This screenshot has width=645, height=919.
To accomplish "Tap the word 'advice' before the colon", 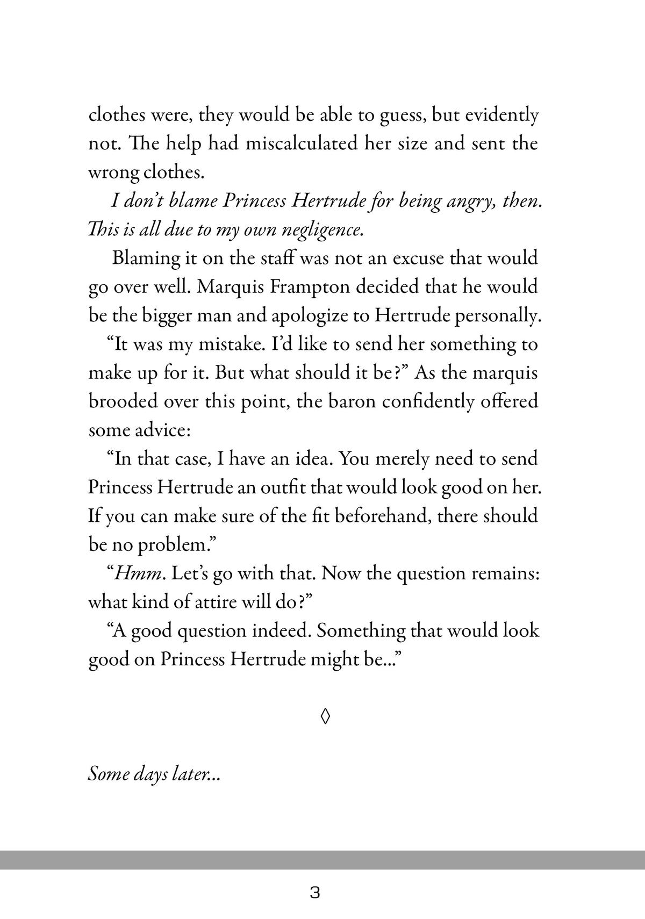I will point(151,430).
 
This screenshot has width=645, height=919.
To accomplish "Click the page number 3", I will point(316,893).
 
